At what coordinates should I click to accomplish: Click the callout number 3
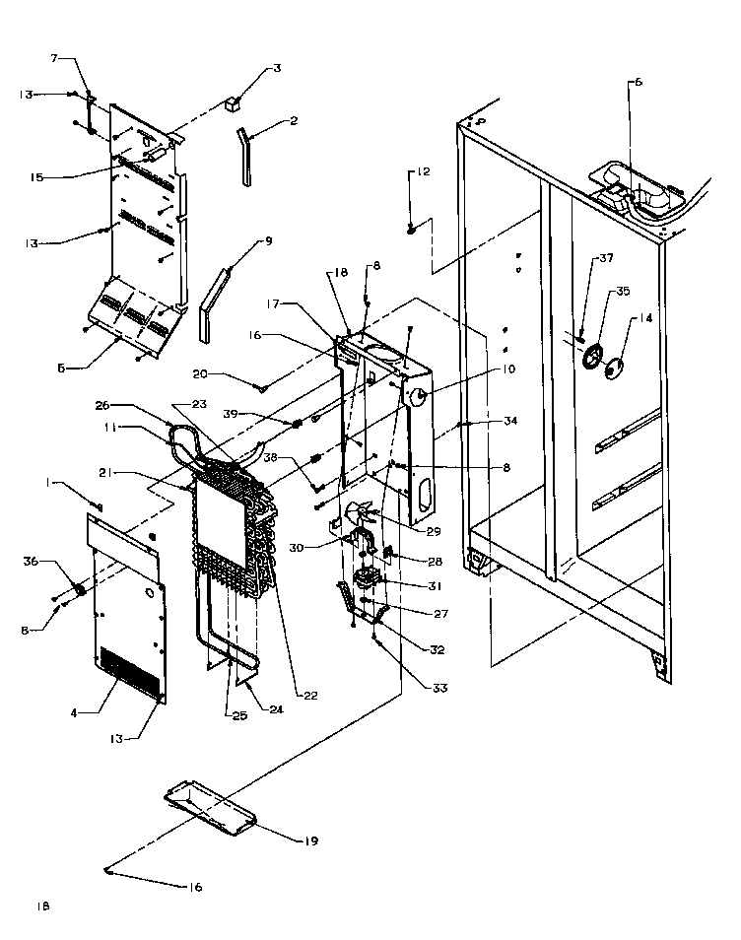(277, 68)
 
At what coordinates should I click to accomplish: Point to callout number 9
(268, 240)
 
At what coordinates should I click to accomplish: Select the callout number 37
(606, 259)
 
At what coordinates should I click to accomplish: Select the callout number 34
(509, 422)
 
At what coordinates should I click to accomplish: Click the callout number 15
(36, 177)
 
